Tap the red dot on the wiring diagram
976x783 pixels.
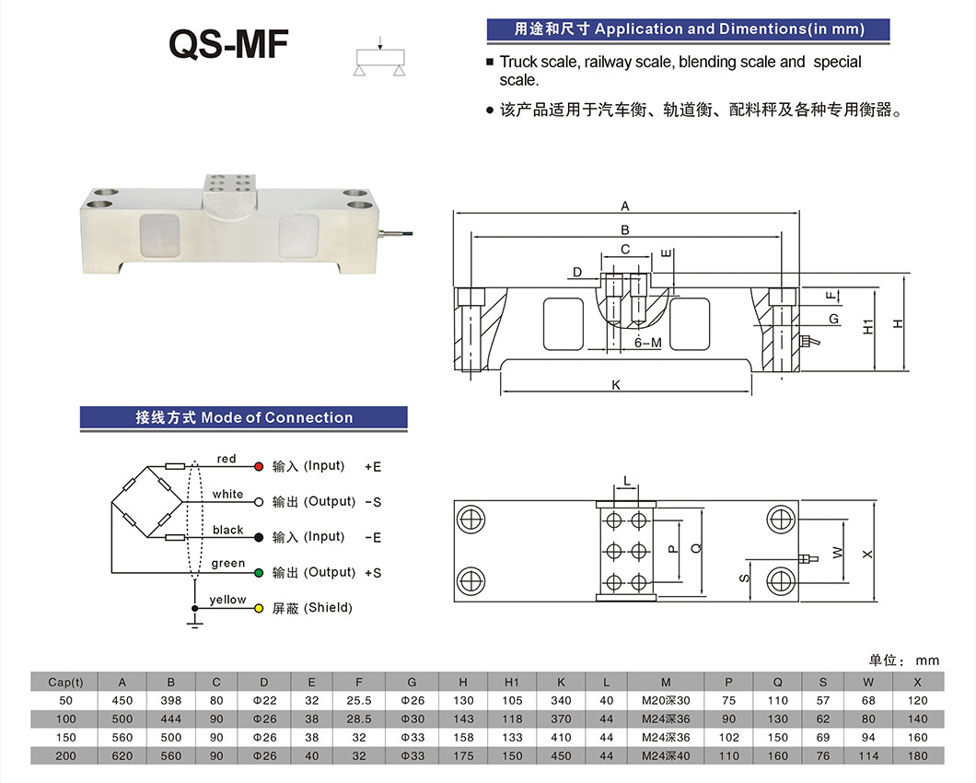click(x=259, y=467)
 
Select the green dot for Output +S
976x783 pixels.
click(x=259, y=573)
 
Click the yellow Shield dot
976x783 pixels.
click(x=259, y=609)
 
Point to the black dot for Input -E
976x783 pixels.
click(x=259, y=537)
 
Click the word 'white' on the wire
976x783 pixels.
click(x=227, y=495)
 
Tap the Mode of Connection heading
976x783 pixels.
click(x=244, y=417)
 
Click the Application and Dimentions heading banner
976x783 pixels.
click(x=688, y=29)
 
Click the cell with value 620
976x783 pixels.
click(x=122, y=755)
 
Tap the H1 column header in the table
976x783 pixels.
click(x=512, y=683)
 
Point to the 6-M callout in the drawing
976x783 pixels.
click(x=648, y=343)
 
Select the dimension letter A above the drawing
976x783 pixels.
click(x=625, y=206)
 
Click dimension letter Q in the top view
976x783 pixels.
click(x=696, y=548)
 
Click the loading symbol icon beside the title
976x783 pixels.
click(x=380, y=57)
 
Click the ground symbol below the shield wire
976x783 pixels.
click(x=194, y=625)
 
